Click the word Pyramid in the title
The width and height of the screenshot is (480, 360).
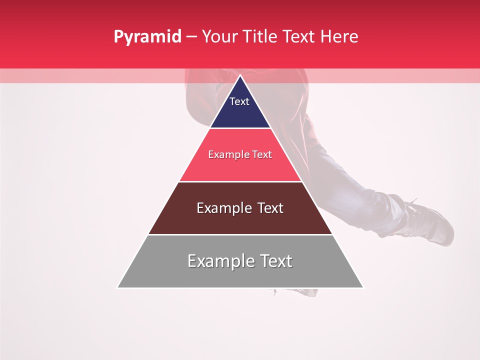coord(147,37)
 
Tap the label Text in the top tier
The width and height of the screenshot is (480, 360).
coord(239,101)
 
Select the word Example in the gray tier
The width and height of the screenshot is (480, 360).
coord(219,261)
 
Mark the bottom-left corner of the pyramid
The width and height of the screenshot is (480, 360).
coord(117,287)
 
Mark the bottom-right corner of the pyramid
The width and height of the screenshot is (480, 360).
coord(363,287)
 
